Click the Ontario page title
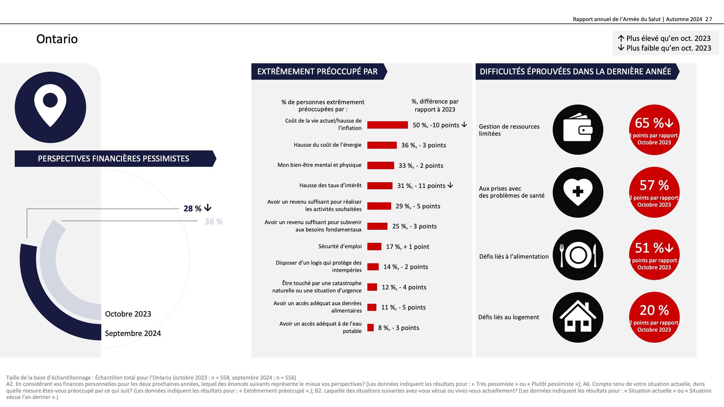pos(57,39)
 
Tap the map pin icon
pos(50,107)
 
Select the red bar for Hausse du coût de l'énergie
pos(382,145)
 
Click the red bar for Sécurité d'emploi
pos(374,247)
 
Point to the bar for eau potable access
pos(370,328)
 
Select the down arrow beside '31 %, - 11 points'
pos(450,185)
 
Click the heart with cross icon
pos(578,192)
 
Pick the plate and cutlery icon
pos(578,255)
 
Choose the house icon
pos(578,317)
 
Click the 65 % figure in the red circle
pos(649,123)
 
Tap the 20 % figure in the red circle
pos(654,310)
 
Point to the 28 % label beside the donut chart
pos(192,209)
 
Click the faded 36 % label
pos(214,222)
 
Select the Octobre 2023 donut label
pos(128,314)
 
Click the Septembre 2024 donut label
pos(133,333)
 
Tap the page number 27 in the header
pos(709,19)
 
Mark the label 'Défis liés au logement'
pos(508,317)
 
